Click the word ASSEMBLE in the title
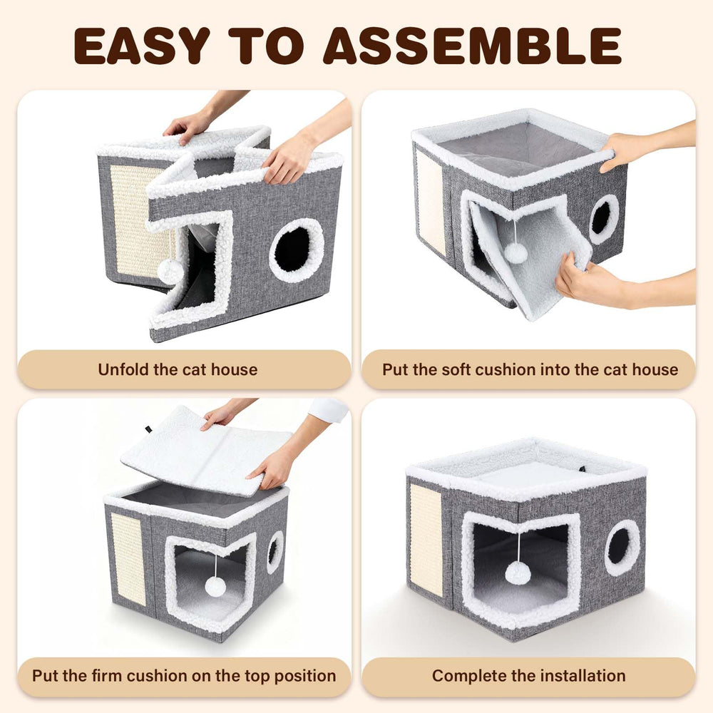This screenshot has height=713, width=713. tap(472, 46)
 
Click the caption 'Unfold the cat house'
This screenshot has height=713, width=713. tap(178, 369)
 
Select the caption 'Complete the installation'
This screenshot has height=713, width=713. tap(529, 676)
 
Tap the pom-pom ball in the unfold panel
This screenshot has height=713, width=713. tap(170, 271)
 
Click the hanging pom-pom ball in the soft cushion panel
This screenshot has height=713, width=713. tap(515, 253)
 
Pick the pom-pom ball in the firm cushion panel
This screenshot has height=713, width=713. tap(215, 587)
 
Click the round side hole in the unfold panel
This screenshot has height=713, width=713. tap(296, 250)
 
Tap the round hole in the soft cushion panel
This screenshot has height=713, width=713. tap(603, 219)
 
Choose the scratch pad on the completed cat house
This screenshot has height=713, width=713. tap(426, 540)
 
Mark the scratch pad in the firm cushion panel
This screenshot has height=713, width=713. tap(128, 559)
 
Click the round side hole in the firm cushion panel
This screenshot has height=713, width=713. tap(275, 552)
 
